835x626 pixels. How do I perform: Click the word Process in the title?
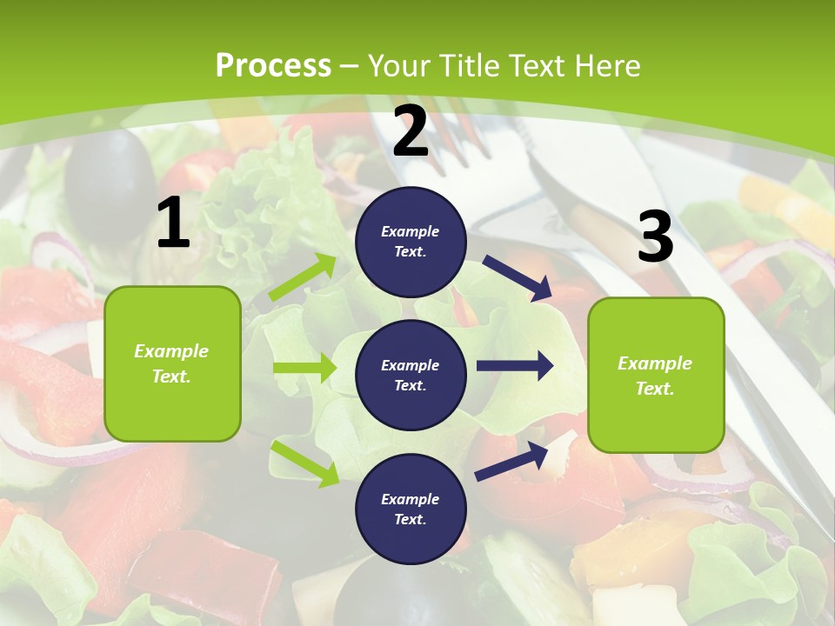[x=273, y=66]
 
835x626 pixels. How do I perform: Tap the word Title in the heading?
[x=465, y=66]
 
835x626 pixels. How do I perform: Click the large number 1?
[x=173, y=223]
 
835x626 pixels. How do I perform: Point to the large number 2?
[x=411, y=131]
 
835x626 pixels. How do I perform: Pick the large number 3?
[x=655, y=237]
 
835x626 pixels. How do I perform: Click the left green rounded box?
[x=172, y=363]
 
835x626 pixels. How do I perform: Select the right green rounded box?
[x=656, y=375]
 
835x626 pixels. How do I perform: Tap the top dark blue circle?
[x=411, y=242]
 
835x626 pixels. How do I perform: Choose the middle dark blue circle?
[x=411, y=375]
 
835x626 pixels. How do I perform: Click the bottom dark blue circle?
[x=411, y=509]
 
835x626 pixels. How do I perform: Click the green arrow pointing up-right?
[x=303, y=277]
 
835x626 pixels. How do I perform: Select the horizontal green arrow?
[x=304, y=368]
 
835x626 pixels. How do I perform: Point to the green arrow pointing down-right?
[x=304, y=463]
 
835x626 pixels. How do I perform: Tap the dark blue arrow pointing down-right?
[x=518, y=277]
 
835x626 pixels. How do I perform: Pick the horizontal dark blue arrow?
[x=515, y=366]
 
